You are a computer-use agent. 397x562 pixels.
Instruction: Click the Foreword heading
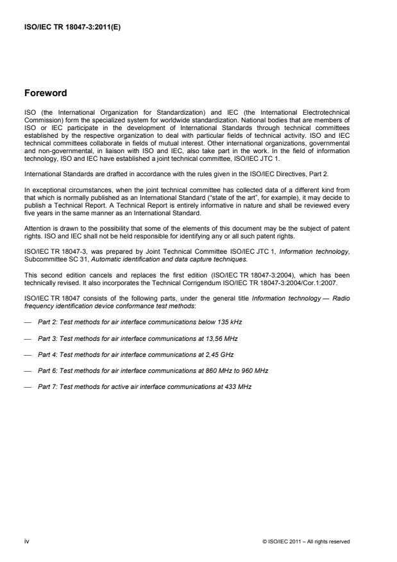46,92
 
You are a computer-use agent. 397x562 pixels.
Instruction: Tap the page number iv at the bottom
26,541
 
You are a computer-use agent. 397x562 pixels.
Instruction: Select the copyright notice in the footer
307,541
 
